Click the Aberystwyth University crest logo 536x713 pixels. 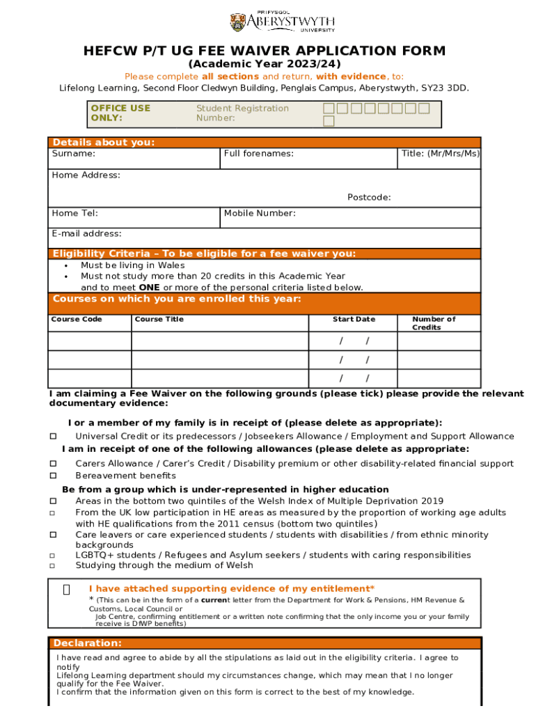[x=237, y=22]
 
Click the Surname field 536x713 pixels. [x=134, y=159]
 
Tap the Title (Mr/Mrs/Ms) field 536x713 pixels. [x=440, y=159]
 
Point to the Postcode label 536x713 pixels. [x=369, y=198]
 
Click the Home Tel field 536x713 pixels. [x=134, y=218]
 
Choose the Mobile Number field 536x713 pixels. [x=351, y=218]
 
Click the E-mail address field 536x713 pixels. [x=265, y=238]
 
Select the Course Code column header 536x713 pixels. [x=77, y=320]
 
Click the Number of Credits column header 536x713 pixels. [x=434, y=323]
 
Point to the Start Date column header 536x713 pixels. [x=354, y=320]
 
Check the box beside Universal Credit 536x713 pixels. [x=52, y=437]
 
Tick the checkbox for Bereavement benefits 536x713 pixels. [x=52, y=476]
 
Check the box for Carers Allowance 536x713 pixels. [x=52, y=464]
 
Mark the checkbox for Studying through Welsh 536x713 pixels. [x=52, y=566]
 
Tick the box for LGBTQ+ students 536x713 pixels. [x=52, y=556]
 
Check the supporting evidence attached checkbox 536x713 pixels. [x=66, y=590]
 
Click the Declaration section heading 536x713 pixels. [x=88, y=643]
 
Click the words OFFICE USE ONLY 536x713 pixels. [x=120, y=113]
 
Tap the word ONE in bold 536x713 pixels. [x=150, y=288]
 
